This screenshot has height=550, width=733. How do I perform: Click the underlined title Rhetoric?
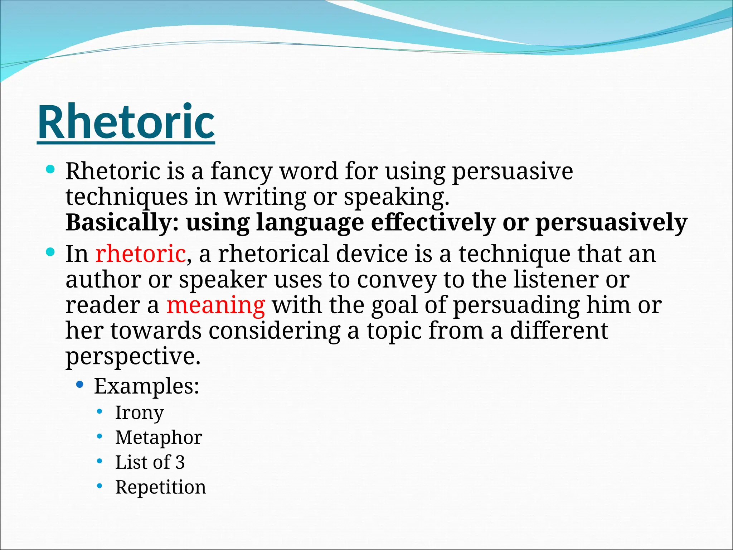(126, 122)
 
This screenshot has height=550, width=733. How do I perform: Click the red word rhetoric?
(140, 254)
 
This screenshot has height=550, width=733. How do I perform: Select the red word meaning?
(215, 305)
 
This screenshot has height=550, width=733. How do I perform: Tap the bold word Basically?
(122, 223)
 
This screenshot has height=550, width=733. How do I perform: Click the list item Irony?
(139, 413)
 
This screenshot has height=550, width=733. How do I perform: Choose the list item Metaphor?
(159, 438)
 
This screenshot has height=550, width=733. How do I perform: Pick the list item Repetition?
(160, 487)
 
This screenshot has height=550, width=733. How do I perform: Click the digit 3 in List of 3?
(180, 462)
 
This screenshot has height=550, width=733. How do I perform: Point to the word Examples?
(146, 386)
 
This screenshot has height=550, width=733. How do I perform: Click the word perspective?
(133, 357)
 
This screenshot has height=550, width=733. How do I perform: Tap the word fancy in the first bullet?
(241, 172)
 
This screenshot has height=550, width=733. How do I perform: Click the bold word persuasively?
(611, 223)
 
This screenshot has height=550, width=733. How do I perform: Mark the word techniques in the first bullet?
(127, 197)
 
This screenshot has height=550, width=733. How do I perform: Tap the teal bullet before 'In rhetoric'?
(50, 252)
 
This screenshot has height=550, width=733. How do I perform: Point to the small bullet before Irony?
(100, 411)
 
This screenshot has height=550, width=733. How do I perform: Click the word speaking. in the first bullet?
(396, 197)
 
